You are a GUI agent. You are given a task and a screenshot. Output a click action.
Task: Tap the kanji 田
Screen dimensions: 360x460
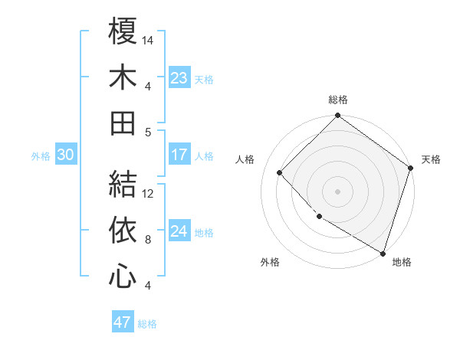click(122, 123)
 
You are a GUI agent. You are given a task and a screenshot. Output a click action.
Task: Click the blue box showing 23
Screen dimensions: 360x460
click(179, 77)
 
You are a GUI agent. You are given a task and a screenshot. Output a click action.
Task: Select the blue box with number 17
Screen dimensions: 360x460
click(179, 155)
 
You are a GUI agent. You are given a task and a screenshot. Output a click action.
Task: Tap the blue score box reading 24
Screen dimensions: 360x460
click(179, 231)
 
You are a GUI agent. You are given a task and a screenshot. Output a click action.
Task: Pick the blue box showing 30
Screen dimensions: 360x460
click(65, 155)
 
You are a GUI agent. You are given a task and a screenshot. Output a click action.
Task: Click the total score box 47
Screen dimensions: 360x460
click(122, 322)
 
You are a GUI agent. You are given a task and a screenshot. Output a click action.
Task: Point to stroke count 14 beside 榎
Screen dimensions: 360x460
click(148, 40)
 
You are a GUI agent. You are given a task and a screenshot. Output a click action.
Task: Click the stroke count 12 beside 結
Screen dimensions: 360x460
click(148, 194)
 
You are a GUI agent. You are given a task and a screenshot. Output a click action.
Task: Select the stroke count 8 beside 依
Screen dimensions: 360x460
click(148, 240)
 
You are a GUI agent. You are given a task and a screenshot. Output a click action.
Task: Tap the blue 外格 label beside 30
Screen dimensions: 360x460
click(41, 155)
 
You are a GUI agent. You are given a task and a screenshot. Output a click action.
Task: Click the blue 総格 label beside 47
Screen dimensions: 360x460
click(147, 323)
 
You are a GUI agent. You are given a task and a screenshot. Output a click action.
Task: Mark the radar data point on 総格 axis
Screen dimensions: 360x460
click(337, 116)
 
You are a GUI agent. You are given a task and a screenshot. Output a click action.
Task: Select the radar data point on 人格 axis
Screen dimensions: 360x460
click(280, 173)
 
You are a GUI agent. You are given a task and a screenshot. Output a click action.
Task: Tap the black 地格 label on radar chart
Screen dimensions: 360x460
click(402, 263)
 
